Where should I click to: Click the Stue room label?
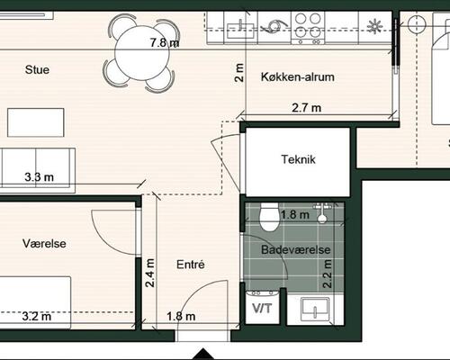click(x=37, y=69)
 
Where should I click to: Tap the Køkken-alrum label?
click(x=298, y=76)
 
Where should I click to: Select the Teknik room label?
click(x=298, y=159)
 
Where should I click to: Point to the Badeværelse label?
click(x=296, y=249)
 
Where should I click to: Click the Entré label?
click(x=191, y=265)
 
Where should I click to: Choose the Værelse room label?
click(x=44, y=243)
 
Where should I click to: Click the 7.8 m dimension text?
click(x=165, y=42)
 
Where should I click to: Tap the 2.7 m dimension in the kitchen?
click(x=307, y=107)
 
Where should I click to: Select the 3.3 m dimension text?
click(x=40, y=177)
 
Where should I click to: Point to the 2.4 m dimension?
click(x=149, y=273)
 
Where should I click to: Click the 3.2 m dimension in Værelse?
click(x=37, y=316)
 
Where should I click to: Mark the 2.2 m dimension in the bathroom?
click(x=327, y=274)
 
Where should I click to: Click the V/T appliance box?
click(x=262, y=307)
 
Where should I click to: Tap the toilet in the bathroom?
click(x=269, y=217)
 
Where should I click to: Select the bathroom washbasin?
click(x=315, y=308)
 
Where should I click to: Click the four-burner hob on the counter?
click(x=308, y=28)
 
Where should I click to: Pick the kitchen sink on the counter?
click(x=240, y=29)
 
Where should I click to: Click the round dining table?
click(x=142, y=53)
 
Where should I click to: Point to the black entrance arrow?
click(x=203, y=354)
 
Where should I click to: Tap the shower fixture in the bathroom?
click(x=322, y=212)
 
